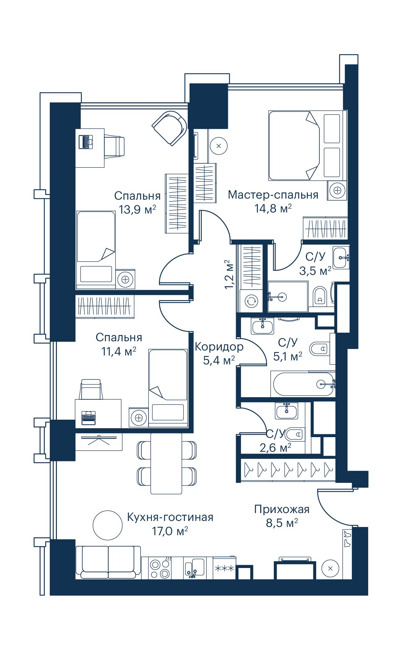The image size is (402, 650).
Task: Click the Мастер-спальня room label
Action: [x=273, y=195]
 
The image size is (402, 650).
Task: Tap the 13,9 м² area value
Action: [x=137, y=209]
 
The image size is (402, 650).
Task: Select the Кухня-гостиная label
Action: [x=170, y=517]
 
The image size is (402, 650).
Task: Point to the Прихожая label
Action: [x=282, y=510]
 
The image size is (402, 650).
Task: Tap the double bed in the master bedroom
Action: [x=308, y=145]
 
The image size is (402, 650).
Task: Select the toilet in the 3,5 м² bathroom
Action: [x=320, y=296]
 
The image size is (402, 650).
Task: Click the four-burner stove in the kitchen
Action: [x=160, y=569]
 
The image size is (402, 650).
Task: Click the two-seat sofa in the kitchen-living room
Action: [x=108, y=562]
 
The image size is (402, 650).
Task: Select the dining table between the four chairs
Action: [x=166, y=463]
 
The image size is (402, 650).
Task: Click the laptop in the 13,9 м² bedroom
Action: [x=86, y=142]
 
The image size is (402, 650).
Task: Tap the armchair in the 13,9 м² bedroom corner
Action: [x=170, y=128]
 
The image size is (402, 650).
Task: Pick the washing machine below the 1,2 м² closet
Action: [x=251, y=301]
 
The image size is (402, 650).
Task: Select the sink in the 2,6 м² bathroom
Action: [x=287, y=411]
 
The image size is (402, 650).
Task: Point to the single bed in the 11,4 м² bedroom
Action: [x=168, y=388]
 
